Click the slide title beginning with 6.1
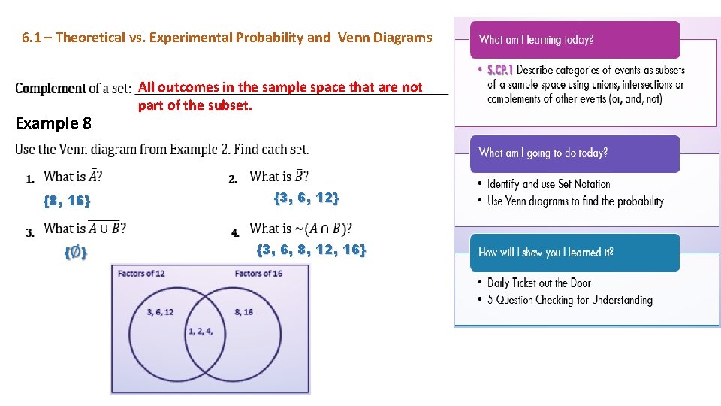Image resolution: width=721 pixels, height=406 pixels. coord(227,38)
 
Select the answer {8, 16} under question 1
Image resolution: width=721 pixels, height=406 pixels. coord(67,200)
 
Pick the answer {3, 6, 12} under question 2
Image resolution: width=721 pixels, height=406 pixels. coord(306,198)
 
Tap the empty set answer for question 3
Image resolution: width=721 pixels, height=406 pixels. coord(75,253)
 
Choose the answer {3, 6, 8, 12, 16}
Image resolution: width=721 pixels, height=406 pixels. coord(311,250)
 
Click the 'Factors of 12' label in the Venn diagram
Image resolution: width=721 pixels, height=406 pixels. coord(141,273)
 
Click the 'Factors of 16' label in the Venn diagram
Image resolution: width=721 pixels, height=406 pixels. coord(258,273)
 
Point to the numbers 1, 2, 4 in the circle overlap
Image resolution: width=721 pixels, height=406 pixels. coord(201,331)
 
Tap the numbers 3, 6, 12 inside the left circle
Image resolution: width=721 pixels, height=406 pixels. coord(161,312)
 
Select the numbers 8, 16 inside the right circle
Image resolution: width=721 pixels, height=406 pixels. coord(243,312)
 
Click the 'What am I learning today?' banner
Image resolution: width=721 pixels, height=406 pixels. coord(535,40)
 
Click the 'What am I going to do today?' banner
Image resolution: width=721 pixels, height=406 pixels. coord(543,153)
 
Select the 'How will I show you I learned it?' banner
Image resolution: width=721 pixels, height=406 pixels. coord(545,253)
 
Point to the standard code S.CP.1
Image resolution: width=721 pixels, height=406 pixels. coord(499,70)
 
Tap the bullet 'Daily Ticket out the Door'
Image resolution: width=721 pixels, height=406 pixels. coord(538,283)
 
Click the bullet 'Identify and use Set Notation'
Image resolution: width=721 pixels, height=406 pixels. coord(548,184)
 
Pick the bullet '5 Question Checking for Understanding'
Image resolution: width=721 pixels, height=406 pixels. coord(569,300)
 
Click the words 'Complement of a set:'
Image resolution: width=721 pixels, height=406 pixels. coord(73,89)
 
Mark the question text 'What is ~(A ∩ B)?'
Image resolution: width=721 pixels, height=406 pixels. coord(300,228)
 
